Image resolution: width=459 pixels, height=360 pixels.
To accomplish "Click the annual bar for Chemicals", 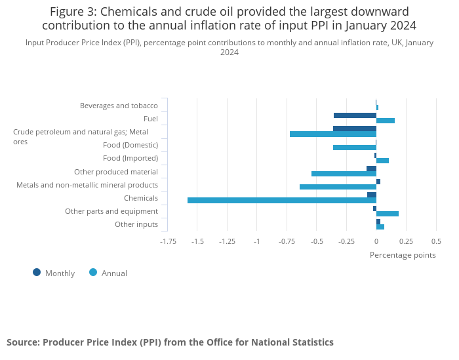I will tap(282, 200).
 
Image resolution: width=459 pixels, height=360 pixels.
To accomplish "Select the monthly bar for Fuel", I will tap(355, 115).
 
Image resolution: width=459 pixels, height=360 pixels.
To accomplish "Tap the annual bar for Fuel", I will tap(386, 121).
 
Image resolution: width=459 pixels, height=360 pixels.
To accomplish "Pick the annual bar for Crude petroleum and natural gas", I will tap(333, 134).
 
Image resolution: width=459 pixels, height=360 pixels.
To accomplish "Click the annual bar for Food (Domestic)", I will tap(355, 148).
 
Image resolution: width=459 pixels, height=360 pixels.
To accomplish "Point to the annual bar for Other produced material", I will tap(344, 174).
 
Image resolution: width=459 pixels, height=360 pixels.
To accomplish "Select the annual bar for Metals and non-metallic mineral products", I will tap(338, 187).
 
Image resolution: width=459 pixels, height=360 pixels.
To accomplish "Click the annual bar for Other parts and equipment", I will tap(388, 214).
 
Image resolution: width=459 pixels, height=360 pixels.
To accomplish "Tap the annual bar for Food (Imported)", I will tap(382, 161).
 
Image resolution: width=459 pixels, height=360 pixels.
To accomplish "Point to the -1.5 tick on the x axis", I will tap(197, 241).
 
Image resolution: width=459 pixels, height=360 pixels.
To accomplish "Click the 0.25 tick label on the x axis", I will tap(406, 241).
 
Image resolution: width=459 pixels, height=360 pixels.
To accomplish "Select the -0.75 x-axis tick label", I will tap(287, 241).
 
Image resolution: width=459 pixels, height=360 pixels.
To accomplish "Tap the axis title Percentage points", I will tap(403, 255).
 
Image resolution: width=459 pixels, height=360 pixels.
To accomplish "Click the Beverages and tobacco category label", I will tap(119, 106).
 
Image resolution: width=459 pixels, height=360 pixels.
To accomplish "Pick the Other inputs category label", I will tap(136, 224).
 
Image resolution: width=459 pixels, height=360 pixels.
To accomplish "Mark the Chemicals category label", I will tap(141, 198).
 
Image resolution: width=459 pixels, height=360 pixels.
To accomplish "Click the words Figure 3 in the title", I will tap(72, 12).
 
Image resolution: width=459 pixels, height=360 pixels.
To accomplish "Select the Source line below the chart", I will tap(170, 342).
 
